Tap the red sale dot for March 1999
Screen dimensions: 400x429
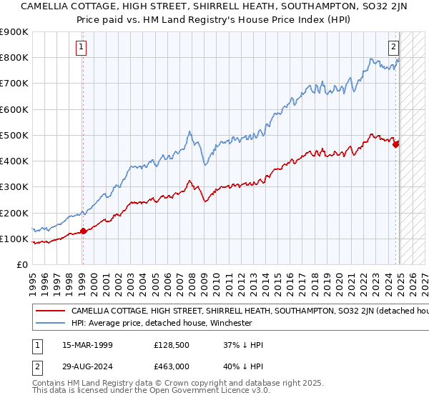click(x=83, y=231)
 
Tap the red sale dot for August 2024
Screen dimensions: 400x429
click(x=396, y=144)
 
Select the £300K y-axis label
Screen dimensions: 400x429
click(x=14, y=187)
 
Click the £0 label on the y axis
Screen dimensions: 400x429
click(x=21, y=265)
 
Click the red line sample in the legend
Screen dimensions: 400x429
click(x=50, y=311)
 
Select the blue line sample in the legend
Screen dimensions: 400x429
click(x=50, y=324)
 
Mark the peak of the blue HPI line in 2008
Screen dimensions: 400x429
click(x=189, y=131)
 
